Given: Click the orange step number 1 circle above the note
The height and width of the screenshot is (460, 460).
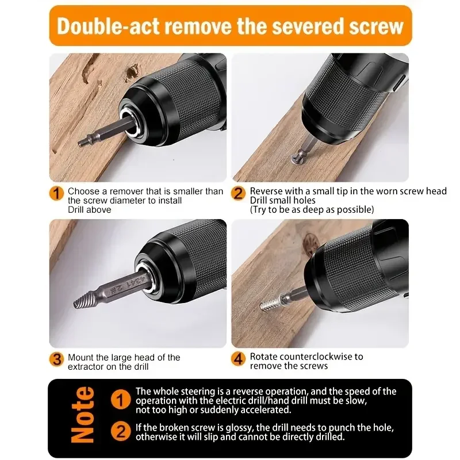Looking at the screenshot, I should (56, 193).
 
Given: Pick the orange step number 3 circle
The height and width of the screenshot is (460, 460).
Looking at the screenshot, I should (56, 360).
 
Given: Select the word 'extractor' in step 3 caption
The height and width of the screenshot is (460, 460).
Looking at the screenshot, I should (87, 366).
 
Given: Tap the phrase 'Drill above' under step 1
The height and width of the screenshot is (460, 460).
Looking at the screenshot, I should (90, 210).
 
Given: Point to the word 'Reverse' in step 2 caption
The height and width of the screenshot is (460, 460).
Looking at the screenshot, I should (266, 191).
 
